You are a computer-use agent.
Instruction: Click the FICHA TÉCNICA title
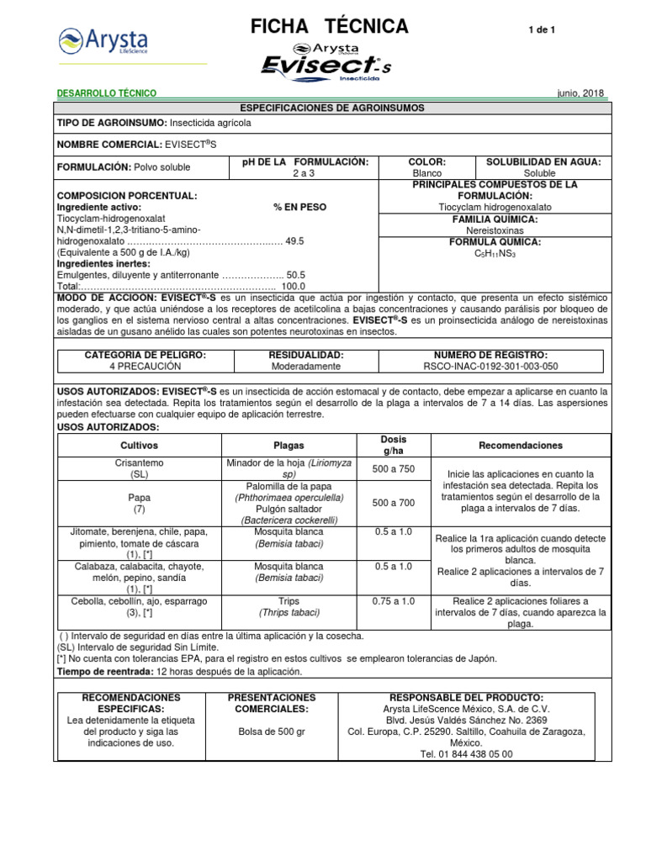[330, 27]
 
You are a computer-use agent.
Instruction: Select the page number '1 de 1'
[542, 30]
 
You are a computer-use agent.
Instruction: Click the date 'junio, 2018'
[580, 93]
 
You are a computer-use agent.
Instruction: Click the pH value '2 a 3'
[304, 173]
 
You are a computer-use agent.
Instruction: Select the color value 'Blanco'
[427, 173]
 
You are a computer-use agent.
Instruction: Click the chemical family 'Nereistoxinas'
[495, 230]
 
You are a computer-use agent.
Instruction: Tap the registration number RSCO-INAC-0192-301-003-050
[490, 367]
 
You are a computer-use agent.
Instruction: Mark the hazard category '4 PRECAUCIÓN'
[146, 367]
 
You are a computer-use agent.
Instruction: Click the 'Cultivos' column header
[139, 446]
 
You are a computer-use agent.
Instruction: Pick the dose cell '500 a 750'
[394, 468]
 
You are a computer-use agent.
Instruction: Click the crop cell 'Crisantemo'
[139, 462]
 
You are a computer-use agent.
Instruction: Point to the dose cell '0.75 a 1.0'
[394, 601]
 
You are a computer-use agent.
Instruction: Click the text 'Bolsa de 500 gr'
[272, 732]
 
